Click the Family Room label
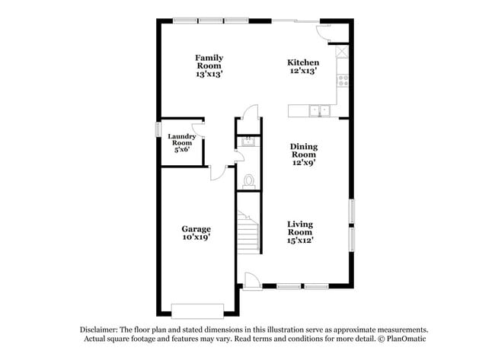point(209,62)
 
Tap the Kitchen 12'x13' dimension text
point(303,71)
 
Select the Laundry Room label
point(182,139)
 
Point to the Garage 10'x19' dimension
point(196,237)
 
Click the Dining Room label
point(304,151)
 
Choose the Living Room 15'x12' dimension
point(300,241)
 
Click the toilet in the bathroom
point(249,181)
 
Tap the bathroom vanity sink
point(249,142)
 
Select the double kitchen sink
point(320,110)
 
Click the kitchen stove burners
point(343,81)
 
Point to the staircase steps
point(248,233)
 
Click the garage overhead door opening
point(198,311)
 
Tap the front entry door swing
point(253,281)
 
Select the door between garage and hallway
point(218,173)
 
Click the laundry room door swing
point(198,130)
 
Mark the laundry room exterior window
point(158,129)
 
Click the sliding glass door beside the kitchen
point(295,21)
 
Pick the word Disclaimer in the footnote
point(99,330)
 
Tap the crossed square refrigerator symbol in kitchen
point(342,52)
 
